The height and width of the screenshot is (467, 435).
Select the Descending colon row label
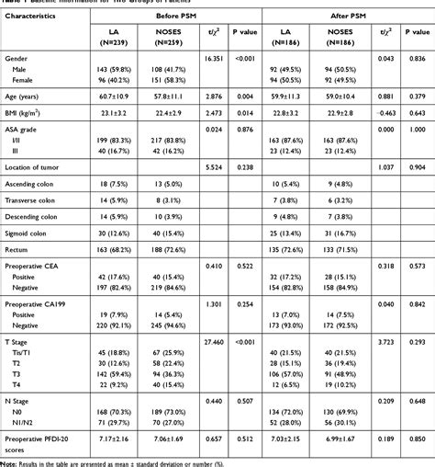pyautogui.click(x=37, y=243)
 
